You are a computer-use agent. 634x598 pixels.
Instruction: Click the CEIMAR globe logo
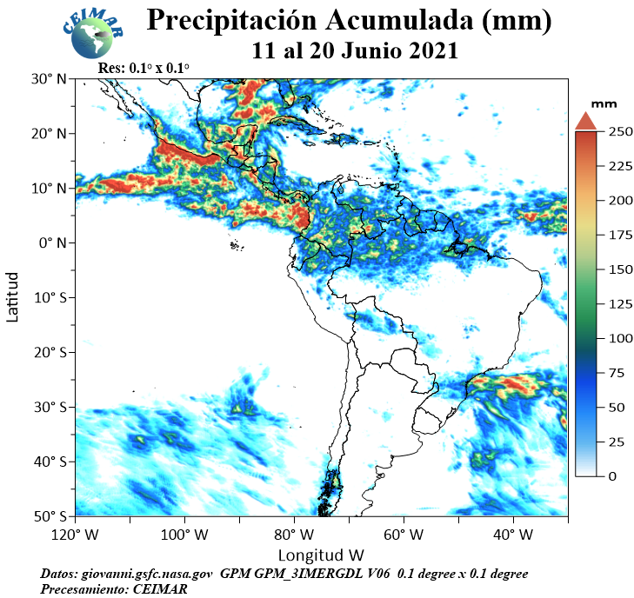93,34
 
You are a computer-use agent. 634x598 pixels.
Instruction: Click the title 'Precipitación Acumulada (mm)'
349,19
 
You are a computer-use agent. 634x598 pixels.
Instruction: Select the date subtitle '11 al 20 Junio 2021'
355,51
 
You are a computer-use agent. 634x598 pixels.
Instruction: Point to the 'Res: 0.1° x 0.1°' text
143,68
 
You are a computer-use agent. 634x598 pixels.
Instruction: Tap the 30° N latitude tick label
49,79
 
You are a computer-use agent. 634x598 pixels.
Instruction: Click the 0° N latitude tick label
52,243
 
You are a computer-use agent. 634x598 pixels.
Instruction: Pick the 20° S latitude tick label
50,352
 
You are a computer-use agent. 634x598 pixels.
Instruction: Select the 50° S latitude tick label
50,516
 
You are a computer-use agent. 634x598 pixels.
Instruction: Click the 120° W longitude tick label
75,535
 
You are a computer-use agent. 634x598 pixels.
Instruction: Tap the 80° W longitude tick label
294,535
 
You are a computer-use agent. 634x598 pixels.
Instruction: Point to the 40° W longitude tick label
513,535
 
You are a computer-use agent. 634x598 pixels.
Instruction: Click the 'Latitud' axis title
12,297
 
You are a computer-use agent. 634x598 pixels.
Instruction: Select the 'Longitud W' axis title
321,555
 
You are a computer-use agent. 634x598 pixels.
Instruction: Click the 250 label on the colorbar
620,132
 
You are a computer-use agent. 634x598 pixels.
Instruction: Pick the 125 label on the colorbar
620,304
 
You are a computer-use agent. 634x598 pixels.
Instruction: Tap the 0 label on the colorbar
612,476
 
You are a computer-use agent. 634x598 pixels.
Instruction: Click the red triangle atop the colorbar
586,122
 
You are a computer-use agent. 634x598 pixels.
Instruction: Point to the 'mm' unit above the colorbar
604,104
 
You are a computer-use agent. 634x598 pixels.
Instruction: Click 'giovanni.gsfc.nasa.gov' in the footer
147,574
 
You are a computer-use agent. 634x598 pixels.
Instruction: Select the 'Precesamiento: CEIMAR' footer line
114,588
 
